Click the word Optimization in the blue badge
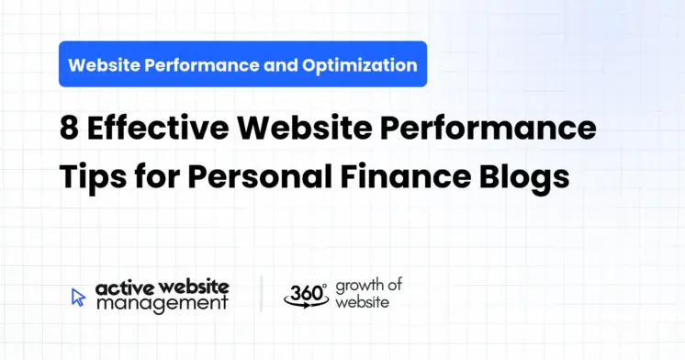(x=367, y=65)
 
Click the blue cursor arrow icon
(x=78, y=297)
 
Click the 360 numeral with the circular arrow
(x=304, y=294)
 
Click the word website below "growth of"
(x=361, y=302)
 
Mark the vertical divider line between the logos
(x=261, y=294)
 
